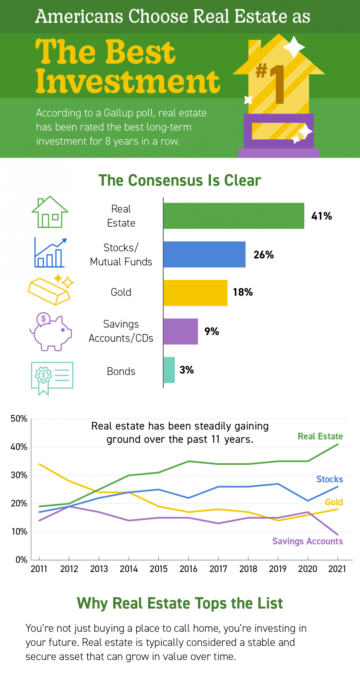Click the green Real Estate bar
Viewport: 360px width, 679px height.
tap(234, 216)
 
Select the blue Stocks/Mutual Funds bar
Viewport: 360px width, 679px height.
tap(204, 254)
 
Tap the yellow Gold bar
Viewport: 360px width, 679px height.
tap(195, 293)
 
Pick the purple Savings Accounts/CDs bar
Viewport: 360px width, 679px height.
tap(181, 331)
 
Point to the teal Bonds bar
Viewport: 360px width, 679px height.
tap(169, 370)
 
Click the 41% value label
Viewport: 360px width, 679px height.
tap(322, 216)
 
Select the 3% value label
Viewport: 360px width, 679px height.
tap(187, 370)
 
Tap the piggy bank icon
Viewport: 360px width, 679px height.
tap(51, 332)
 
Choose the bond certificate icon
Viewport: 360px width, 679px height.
tap(52, 378)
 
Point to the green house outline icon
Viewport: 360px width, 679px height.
tap(50, 212)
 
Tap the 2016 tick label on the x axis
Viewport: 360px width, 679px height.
tap(188, 569)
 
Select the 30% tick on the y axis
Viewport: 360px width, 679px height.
tap(19, 475)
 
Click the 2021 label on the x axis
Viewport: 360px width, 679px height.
tap(337, 569)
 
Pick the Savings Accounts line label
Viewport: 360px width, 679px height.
tap(308, 541)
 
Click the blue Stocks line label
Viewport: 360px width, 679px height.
tap(330, 479)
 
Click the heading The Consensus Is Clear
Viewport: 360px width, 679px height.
tap(180, 180)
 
